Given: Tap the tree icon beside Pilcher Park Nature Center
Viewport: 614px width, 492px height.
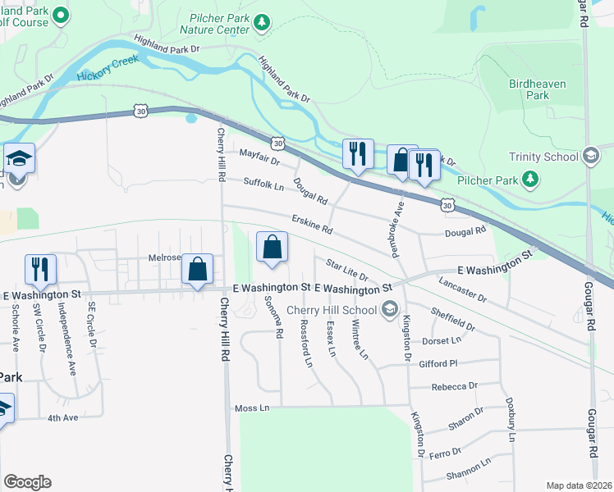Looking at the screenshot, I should (x=262, y=23).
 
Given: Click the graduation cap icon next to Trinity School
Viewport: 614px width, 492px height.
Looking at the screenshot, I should (x=590, y=156).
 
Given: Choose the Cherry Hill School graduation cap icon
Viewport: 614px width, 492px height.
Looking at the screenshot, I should (x=390, y=310).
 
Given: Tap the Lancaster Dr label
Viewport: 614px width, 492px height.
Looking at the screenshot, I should (x=462, y=287).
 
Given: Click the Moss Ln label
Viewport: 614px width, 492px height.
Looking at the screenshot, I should (x=252, y=408).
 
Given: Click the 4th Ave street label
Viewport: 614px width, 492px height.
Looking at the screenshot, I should (x=62, y=417).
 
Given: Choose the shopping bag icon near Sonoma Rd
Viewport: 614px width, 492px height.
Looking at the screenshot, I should (x=273, y=248).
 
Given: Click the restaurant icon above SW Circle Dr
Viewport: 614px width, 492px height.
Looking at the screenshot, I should (x=39, y=269).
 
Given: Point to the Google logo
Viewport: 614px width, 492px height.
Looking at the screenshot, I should (x=28, y=482).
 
